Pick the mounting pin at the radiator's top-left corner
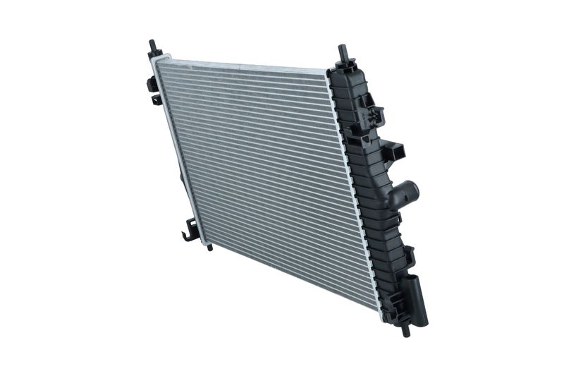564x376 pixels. pos(152,49)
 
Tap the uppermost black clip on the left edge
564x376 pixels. pos(150,83)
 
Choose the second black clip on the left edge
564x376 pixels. pos(155,99)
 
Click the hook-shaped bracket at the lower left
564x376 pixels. pos(189,230)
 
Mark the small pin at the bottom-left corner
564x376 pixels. pos(209,247)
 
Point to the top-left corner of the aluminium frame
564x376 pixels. pos(156,61)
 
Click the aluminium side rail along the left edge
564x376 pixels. pos(180,155)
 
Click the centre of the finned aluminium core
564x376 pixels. pos(268,183)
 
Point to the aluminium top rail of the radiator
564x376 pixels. pos(240,66)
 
